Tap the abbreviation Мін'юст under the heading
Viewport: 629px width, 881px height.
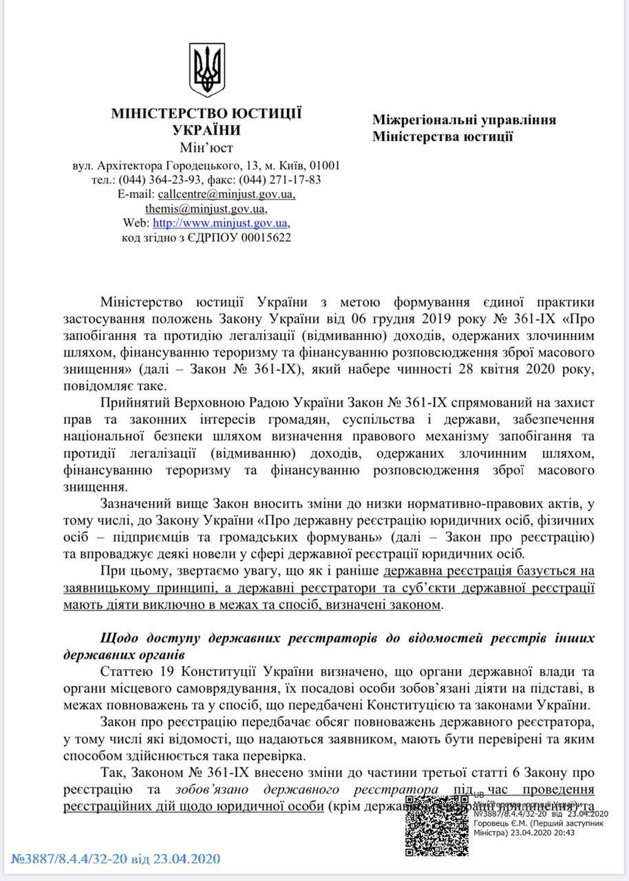tap(206, 147)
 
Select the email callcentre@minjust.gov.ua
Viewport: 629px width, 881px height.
tap(227, 194)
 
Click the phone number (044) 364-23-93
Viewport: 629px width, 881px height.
tap(162, 180)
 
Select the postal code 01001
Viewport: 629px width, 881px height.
tap(325, 165)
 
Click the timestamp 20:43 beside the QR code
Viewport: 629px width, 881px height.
tap(564, 832)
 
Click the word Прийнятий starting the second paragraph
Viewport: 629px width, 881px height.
tap(130, 401)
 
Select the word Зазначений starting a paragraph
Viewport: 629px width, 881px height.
tap(134, 502)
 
